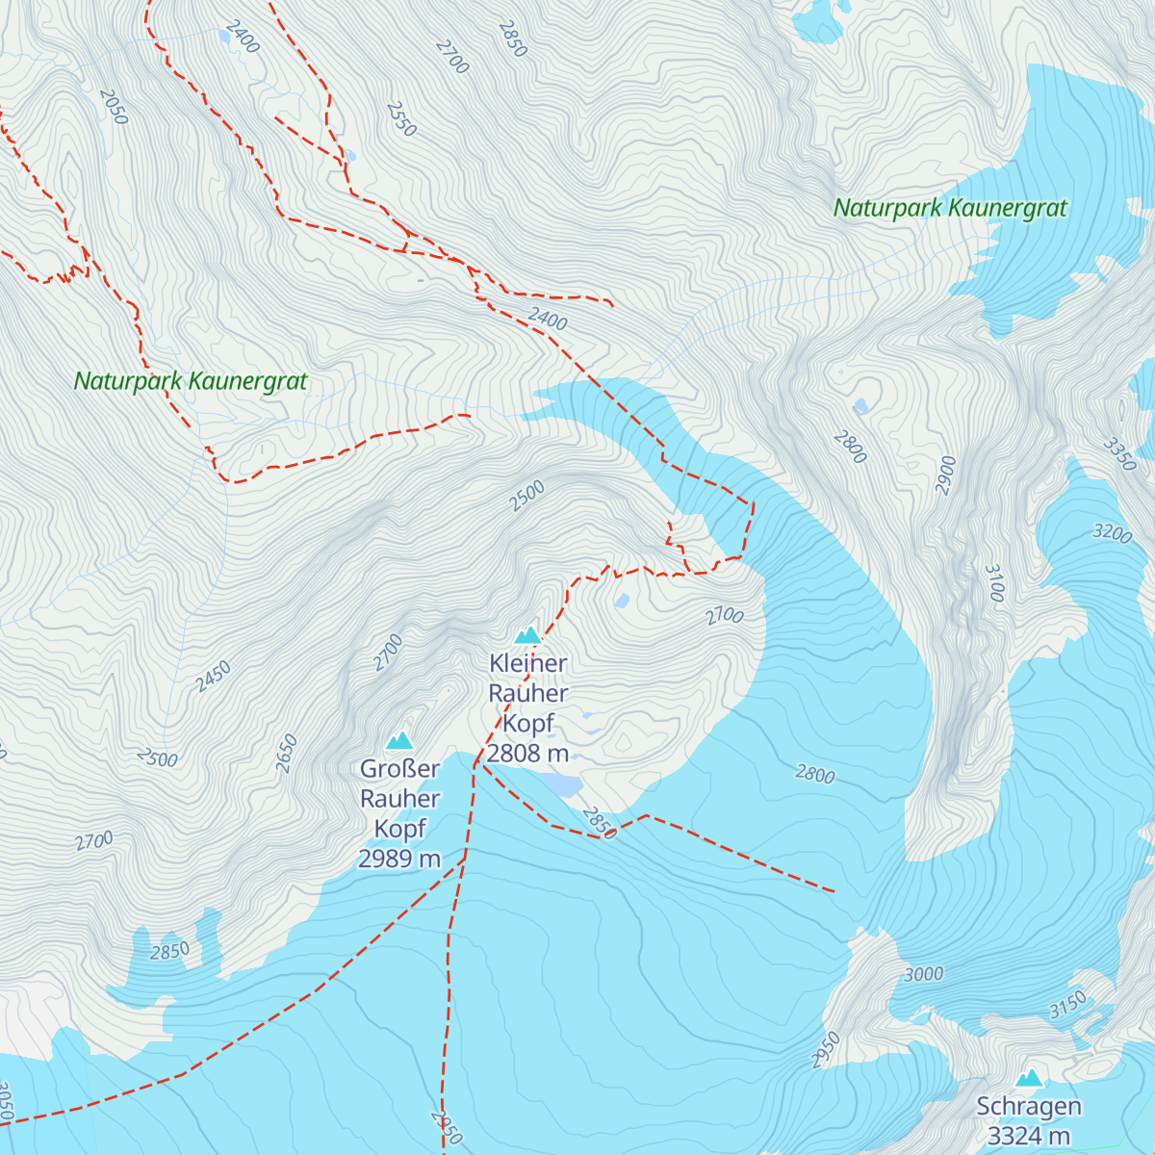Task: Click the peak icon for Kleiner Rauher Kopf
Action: pos(527,635)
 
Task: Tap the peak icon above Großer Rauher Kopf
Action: pos(399,740)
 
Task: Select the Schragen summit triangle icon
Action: pos(1029,1078)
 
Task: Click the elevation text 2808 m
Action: pos(527,754)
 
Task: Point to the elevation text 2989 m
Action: pos(399,859)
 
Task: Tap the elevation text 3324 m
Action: pos(1029,1136)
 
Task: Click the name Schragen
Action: pos(1029,1107)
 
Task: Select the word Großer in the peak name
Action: pos(399,769)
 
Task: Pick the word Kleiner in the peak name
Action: pos(527,663)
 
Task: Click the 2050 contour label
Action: pos(114,107)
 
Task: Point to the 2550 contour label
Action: pos(401,119)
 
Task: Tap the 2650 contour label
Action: pos(287,753)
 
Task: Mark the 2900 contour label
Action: pos(946,475)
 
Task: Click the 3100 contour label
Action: pos(994,583)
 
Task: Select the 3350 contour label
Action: pos(1119,453)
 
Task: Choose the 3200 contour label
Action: pos(1113,532)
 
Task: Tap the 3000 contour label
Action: pos(923,974)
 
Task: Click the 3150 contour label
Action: pos(1067,1004)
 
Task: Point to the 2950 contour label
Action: pos(826,1049)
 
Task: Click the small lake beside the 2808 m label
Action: pos(563,786)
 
